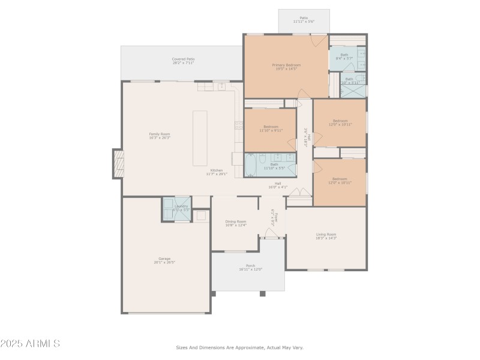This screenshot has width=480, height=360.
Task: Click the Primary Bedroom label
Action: click(x=286, y=67)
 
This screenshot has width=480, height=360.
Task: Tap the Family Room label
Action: click(x=160, y=136)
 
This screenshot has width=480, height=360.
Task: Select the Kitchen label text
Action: click(x=214, y=172)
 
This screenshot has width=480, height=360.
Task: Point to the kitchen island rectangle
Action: click(x=200, y=138)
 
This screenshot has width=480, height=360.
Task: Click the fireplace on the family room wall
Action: click(x=117, y=163)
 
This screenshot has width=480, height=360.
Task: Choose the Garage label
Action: click(x=164, y=260)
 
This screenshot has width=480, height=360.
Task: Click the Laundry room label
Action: click(x=181, y=208)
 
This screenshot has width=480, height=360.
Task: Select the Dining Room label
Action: click(x=235, y=223)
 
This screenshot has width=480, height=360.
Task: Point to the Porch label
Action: click(x=250, y=267)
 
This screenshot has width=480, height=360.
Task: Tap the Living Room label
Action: click(x=326, y=236)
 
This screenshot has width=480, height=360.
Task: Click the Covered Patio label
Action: click(x=183, y=61)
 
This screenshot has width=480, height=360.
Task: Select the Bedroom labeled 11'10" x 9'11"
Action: click(x=271, y=128)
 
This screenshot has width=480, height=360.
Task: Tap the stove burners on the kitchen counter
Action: click(x=238, y=125)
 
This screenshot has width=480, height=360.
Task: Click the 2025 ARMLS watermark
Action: click(x=30, y=344)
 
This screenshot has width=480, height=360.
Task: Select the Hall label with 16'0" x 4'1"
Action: click(x=278, y=185)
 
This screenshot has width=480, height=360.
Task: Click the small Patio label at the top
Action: click(x=304, y=20)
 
